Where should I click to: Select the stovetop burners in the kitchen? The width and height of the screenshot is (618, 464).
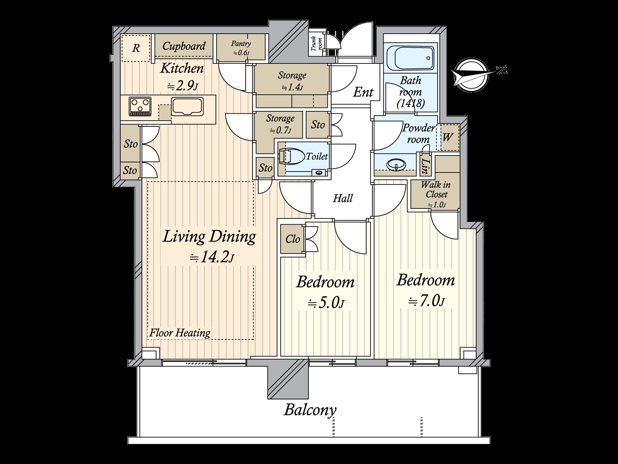pyautogui.click(x=140, y=106)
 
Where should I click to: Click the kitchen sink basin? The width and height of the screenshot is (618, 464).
pyautogui.click(x=187, y=106)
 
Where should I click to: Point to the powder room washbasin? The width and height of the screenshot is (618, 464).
pyautogui.click(x=396, y=165)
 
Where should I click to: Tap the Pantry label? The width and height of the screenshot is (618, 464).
pyautogui.click(x=241, y=44)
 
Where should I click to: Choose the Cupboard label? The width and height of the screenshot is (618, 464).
pyautogui.click(x=184, y=46)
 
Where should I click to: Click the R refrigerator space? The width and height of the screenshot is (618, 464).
pyautogui.click(x=136, y=48)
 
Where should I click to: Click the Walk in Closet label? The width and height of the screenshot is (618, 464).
pyautogui.click(x=436, y=189)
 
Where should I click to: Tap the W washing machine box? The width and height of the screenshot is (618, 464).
pyautogui.click(x=448, y=138)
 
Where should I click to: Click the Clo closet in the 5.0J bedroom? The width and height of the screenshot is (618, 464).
pyautogui.click(x=292, y=239)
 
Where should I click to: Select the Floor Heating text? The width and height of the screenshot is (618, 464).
pyautogui.click(x=180, y=333)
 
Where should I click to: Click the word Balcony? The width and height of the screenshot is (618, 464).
pyautogui.click(x=310, y=411)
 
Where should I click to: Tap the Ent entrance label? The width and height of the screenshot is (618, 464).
pyautogui.click(x=363, y=92)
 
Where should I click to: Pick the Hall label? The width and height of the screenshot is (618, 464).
pyautogui.click(x=343, y=198)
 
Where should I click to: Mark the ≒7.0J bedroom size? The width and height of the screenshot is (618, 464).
pyautogui.click(x=427, y=302)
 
